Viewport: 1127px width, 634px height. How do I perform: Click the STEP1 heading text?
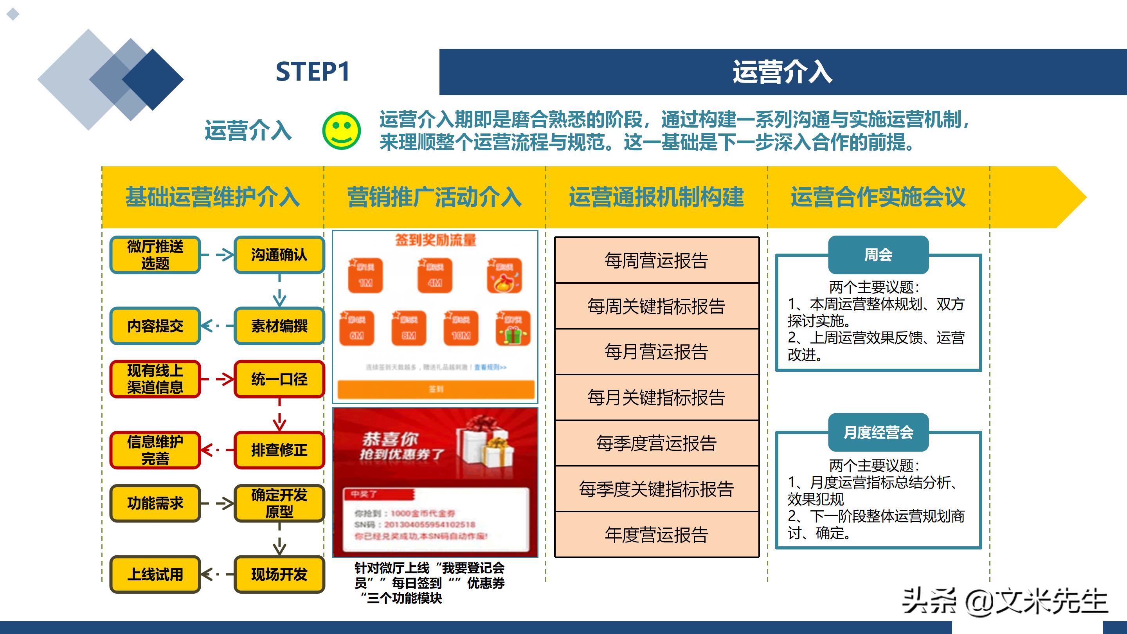(x=312, y=72)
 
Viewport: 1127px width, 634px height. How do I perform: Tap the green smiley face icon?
(x=341, y=130)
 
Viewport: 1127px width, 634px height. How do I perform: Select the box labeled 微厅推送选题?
(x=155, y=255)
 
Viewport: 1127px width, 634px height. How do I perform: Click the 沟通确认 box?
(x=279, y=255)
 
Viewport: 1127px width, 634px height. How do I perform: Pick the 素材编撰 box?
(x=279, y=326)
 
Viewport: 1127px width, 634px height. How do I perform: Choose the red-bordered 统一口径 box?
(x=279, y=379)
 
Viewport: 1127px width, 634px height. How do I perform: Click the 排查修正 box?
(x=279, y=450)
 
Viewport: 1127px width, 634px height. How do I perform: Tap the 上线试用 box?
(x=155, y=574)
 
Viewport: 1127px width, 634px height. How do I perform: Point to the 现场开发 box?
(x=279, y=574)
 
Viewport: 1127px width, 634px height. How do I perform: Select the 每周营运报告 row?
(x=656, y=260)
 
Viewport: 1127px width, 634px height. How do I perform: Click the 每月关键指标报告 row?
(x=656, y=397)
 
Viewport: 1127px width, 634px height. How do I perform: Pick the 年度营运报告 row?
(x=656, y=535)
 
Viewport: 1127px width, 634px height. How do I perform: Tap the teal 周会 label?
(x=878, y=255)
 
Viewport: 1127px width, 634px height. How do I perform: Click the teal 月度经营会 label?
(x=878, y=432)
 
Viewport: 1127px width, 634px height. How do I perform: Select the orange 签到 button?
(x=436, y=389)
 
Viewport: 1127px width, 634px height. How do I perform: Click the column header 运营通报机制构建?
(x=656, y=197)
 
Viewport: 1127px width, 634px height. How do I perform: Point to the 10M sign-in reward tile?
(x=461, y=328)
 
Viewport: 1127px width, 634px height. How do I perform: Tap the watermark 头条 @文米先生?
(x=1005, y=601)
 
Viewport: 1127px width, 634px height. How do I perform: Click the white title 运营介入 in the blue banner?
(x=782, y=72)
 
